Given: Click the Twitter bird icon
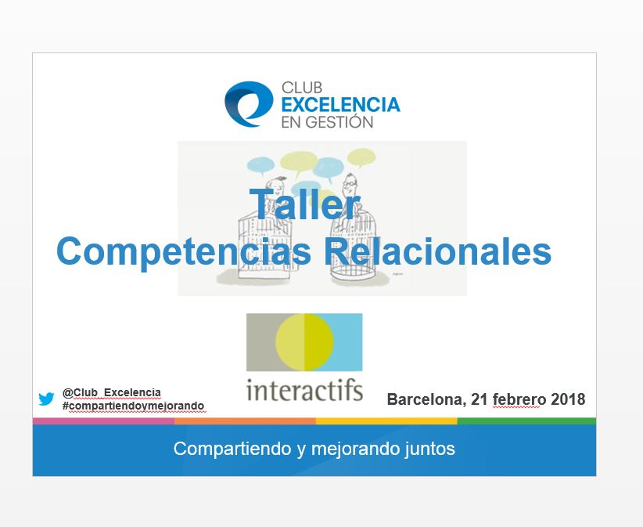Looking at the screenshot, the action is [46, 399].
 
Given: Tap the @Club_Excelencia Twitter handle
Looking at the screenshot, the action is [112, 393].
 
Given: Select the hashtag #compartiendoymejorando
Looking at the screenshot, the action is [133, 406].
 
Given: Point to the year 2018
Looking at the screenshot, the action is [568, 399].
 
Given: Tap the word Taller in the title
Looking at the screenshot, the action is [305, 204].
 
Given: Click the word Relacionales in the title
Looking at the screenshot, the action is [437, 251].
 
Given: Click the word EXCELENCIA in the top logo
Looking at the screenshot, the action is [341, 105].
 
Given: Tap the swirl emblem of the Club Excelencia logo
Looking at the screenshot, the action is [249, 104].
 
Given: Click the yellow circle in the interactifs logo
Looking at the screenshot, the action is [304, 342].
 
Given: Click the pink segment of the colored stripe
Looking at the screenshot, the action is [103, 421].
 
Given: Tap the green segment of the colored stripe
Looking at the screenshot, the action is [526, 421].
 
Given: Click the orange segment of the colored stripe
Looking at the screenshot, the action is [245, 421].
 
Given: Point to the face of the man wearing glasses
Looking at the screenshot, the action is [350, 183].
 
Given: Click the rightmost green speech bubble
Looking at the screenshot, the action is [361, 157].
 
